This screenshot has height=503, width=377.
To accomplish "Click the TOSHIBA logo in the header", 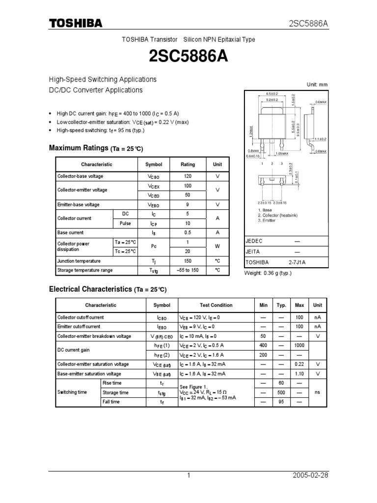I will point(75,24).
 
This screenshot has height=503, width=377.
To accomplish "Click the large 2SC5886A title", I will point(188,57).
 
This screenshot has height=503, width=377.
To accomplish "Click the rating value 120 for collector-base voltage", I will point(188,176).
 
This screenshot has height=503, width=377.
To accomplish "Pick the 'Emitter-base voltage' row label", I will point(78,204).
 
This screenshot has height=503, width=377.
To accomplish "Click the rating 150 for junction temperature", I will point(188,261).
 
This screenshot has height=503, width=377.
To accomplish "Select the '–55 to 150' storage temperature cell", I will point(188,271).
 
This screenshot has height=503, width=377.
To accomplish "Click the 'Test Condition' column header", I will point(216,305).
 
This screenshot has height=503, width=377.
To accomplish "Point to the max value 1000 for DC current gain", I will point(299,346).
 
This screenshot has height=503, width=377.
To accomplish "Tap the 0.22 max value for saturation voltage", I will point(299,364).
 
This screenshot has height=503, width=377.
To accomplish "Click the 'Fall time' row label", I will point(110,402).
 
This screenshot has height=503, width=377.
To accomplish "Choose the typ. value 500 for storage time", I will point(281,392).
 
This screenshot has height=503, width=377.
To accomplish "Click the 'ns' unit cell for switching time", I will point(318,392).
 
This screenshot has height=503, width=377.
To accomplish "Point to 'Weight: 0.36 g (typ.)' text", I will point(268,273).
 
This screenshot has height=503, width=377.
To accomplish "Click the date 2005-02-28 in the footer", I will point(310,475).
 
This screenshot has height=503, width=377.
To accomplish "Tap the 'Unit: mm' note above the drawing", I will point(317,84).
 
